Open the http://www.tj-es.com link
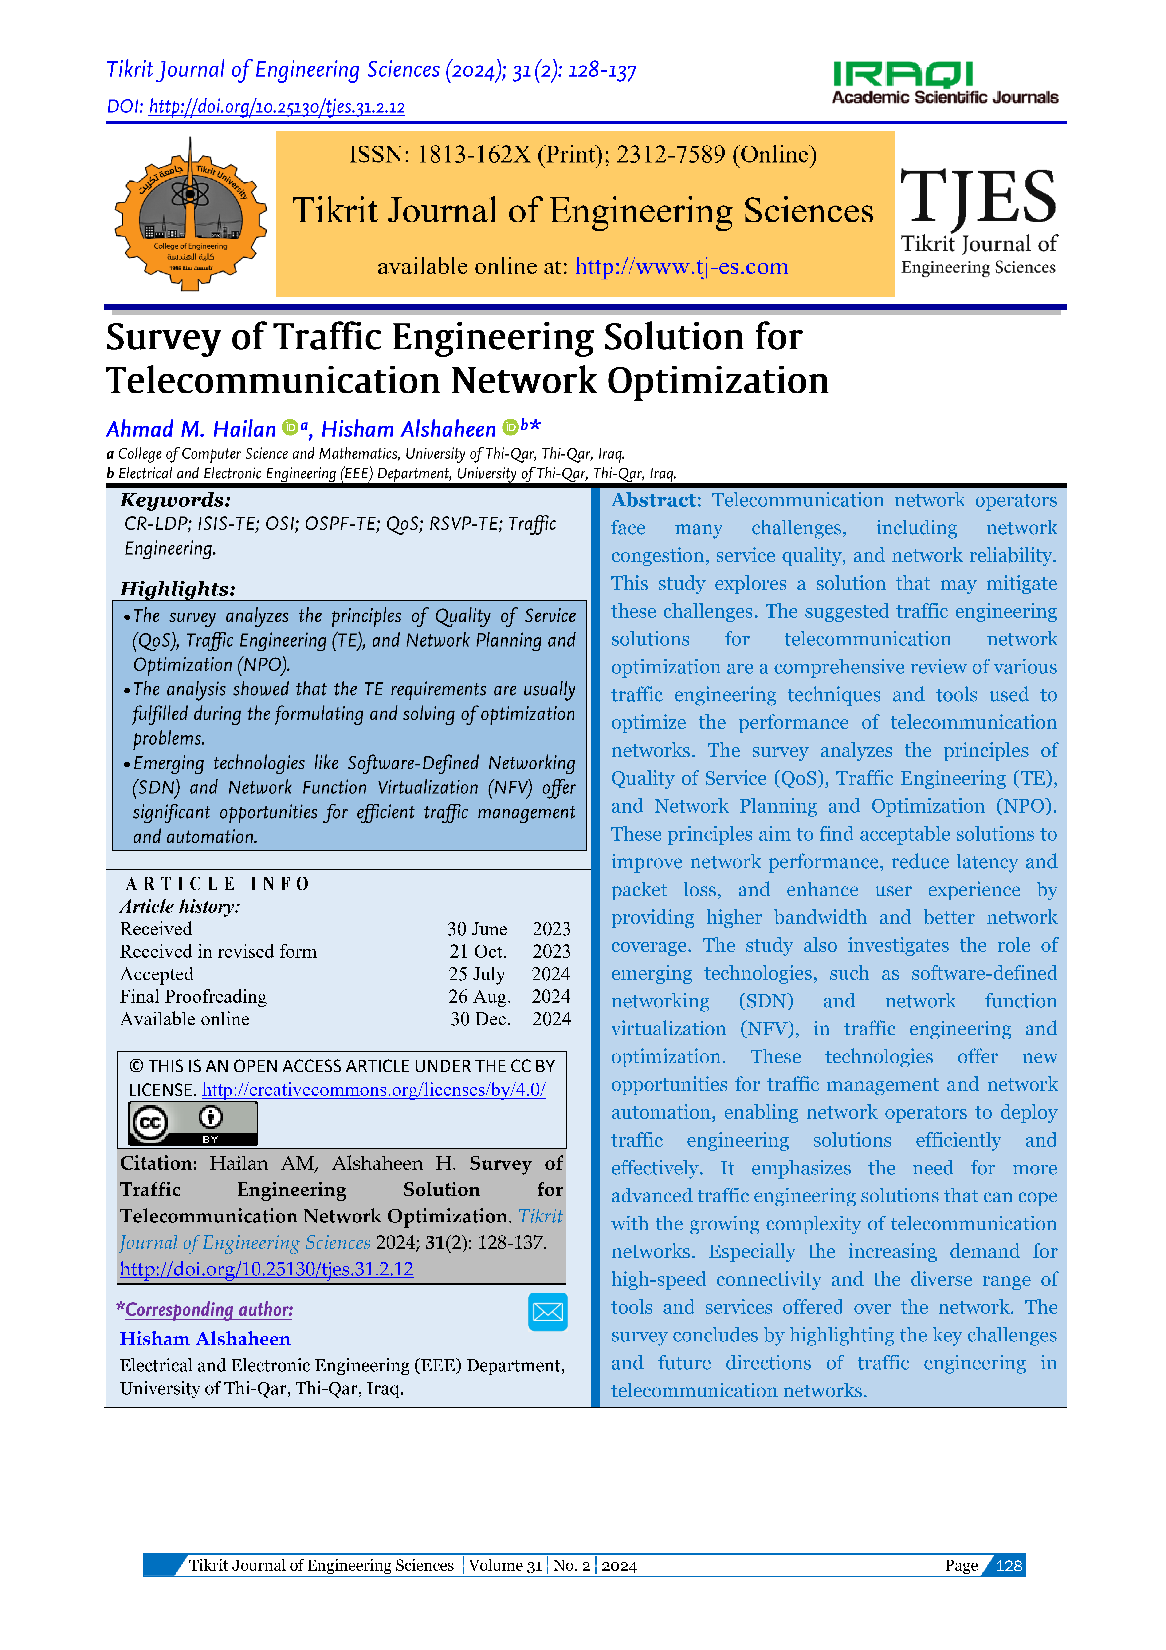coord(681,267)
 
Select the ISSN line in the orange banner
coord(583,155)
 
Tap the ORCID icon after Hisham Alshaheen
coord(510,428)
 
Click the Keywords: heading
coord(175,500)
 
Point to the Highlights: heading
coord(177,589)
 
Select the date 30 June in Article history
coord(477,929)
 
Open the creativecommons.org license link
coord(373,1090)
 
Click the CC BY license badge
coord(192,1123)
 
